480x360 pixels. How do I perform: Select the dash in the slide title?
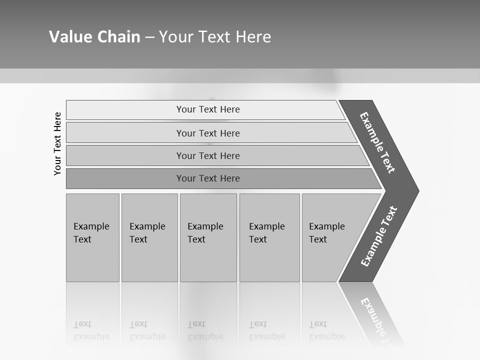(x=149, y=37)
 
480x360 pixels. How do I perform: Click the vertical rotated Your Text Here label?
(x=57, y=144)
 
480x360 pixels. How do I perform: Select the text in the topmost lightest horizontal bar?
(x=208, y=109)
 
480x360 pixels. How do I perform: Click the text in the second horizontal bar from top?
(x=208, y=133)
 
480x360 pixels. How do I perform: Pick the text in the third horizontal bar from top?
(x=208, y=155)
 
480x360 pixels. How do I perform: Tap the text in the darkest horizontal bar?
(x=208, y=178)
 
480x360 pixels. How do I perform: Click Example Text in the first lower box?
(x=91, y=233)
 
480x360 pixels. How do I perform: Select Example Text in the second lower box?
(x=147, y=233)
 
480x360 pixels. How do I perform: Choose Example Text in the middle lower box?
(x=205, y=233)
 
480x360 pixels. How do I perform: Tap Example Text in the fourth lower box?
(x=266, y=233)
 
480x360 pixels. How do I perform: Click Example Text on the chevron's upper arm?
(x=377, y=142)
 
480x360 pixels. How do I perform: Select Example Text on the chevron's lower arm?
(x=378, y=236)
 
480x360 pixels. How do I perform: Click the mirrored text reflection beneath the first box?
(x=91, y=330)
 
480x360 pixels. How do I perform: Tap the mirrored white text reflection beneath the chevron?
(x=377, y=320)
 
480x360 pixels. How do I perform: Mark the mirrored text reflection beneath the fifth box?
(x=326, y=330)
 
